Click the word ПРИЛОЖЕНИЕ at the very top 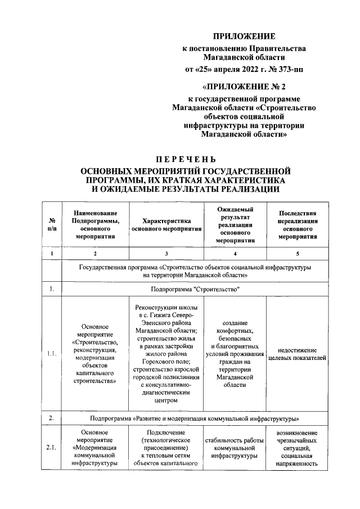(247, 37)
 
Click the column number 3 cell (166, 254)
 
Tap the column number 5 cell (298, 254)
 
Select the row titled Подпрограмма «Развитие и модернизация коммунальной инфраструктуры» (196, 419)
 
